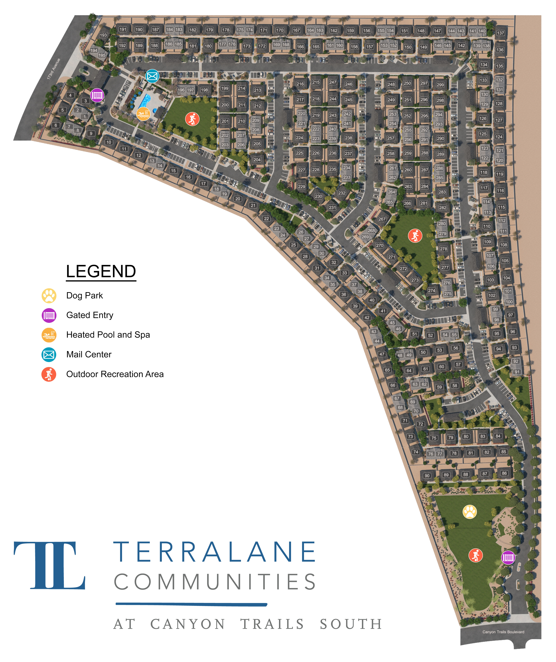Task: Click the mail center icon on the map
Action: coord(152,76)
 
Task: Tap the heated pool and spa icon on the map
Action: coord(143,114)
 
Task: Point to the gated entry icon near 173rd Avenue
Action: coord(97,95)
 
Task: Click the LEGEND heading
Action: coord(101,271)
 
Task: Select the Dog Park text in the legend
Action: coord(85,295)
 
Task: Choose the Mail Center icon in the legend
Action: coord(49,355)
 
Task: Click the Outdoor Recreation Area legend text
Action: coord(115,374)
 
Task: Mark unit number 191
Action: coord(123,29)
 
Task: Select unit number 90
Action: coord(427,476)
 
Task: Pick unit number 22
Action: coord(267,219)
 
